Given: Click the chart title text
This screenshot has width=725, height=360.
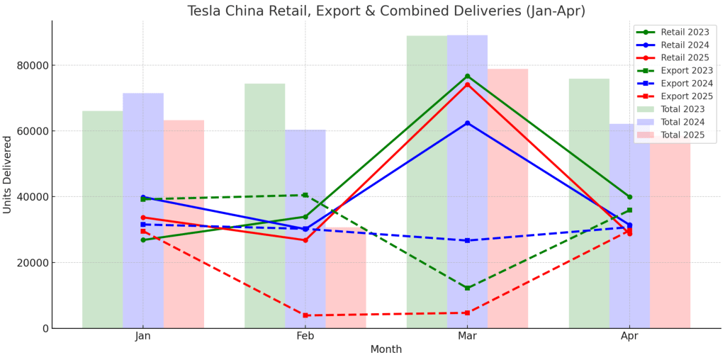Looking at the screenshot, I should [386, 11].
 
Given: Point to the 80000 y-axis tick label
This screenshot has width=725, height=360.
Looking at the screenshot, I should [33, 65].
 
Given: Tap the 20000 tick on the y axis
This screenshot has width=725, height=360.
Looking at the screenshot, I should [33, 262].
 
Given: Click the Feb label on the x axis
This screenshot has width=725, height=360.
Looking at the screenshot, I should [305, 337].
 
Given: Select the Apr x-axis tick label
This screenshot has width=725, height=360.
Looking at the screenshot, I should [629, 337].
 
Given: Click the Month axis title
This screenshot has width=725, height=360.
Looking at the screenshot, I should [386, 349].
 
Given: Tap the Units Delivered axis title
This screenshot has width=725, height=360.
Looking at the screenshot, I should [8, 174].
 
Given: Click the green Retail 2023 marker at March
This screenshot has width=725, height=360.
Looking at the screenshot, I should [467, 77].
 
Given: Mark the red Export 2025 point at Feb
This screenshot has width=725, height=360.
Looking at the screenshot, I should [305, 315].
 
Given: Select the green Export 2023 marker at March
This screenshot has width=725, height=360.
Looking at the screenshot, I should [467, 288].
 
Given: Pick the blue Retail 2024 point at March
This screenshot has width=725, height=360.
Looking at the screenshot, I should [467, 123].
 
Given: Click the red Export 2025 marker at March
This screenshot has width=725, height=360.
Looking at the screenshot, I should [467, 313].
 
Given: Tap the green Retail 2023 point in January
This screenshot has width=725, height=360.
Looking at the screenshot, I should [143, 240].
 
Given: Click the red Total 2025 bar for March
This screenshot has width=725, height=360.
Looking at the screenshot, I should [507, 198].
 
